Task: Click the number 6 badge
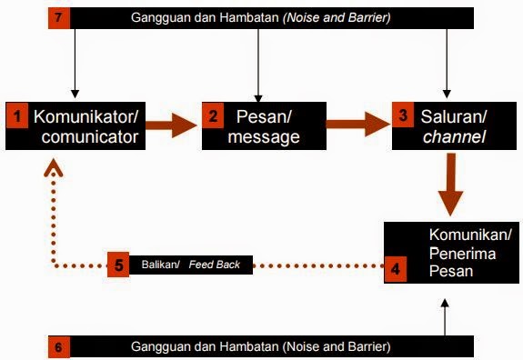[57, 347]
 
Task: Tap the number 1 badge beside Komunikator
[17, 116]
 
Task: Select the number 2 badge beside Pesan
[212, 116]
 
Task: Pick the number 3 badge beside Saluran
[404, 116]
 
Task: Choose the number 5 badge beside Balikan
[119, 265]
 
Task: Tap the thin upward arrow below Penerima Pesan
[444, 318]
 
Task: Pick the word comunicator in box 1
[88, 137]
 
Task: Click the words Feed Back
[216, 265]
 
